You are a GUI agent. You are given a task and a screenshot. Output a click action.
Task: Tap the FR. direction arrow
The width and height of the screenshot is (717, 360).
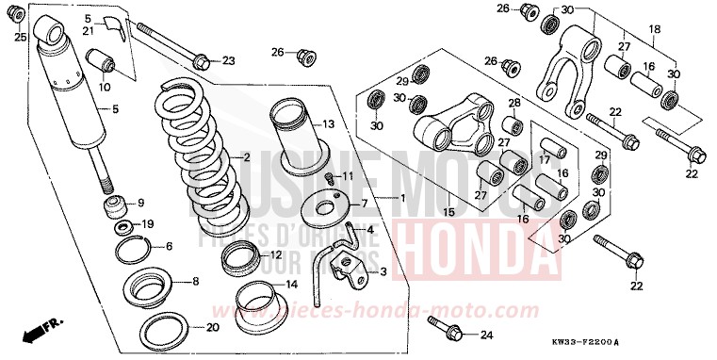(42, 331)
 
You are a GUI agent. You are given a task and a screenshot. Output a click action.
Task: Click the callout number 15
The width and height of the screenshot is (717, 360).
(448, 211)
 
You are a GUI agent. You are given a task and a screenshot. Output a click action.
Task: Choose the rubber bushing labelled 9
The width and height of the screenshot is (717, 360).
(115, 205)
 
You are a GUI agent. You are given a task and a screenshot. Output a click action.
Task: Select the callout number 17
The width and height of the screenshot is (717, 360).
(546, 158)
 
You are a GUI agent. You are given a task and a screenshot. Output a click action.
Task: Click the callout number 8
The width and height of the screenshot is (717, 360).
(194, 281)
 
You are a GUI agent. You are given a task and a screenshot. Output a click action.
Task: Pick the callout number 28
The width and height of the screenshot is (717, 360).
(514, 103)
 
